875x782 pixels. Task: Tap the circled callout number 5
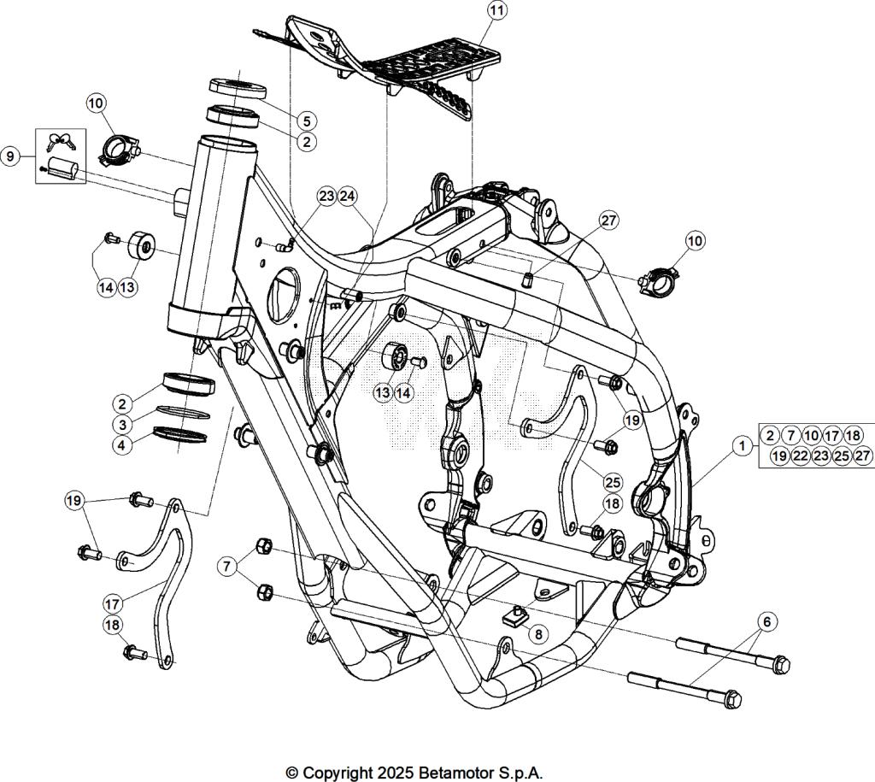point(306,121)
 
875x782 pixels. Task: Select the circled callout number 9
point(10,156)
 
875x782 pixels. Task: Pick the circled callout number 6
point(766,622)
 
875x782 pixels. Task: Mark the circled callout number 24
point(348,197)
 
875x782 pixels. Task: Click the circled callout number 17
point(113,603)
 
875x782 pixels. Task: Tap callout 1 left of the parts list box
point(743,445)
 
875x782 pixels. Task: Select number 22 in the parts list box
point(800,456)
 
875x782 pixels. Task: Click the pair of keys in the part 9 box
point(62,142)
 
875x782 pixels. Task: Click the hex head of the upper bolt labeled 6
point(780,663)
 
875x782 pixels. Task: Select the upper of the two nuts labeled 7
point(264,546)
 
